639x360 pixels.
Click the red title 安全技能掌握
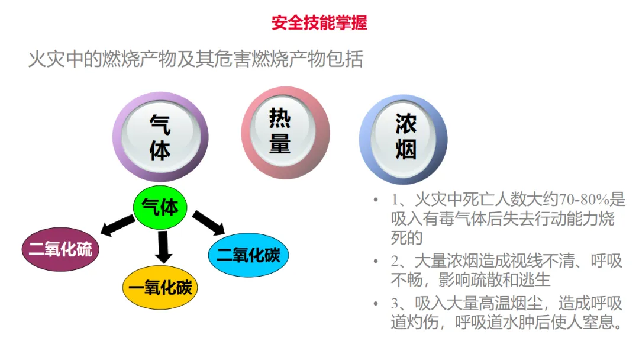tap(319, 22)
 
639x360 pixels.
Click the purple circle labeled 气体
tap(160, 137)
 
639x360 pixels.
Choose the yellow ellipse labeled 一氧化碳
tap(160, 288)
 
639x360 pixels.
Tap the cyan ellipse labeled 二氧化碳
tap(248, 255)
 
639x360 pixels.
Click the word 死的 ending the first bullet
tap(406, 238)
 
